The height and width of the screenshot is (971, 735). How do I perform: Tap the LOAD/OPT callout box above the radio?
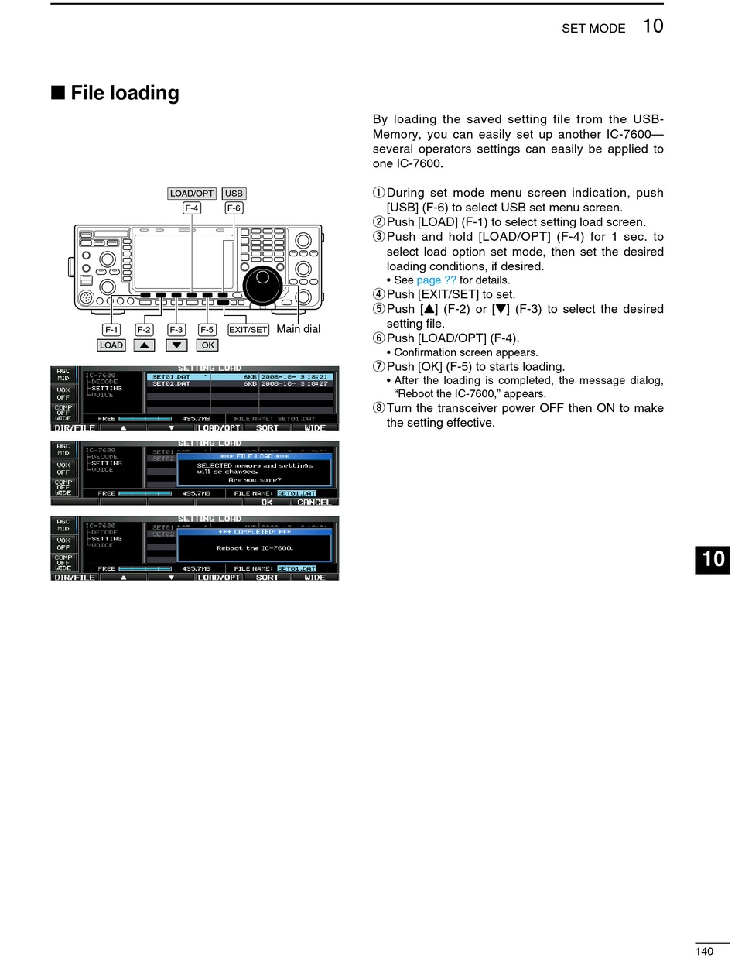[x=192, y=194]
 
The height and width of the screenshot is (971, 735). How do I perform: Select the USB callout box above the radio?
[x=234, y=194]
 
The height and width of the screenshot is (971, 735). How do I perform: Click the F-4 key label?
[x=192, y=208]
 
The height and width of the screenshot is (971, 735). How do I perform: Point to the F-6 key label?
[x=234, y=208]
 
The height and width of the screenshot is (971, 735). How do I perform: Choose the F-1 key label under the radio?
[x=111, y=330]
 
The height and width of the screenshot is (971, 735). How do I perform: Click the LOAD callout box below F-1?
[x=111, y=345]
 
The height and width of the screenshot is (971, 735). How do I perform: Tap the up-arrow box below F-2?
[x=144, y=345]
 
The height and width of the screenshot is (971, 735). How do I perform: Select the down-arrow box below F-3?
[x=176, y=345]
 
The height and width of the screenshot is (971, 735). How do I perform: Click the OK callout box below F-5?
[x=207, y=345]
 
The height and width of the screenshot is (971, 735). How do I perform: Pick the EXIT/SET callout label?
[x=248, y=330]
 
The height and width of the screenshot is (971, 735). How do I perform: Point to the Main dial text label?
[x=298, y=329]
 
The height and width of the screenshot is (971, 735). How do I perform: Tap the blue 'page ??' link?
[x=436, y=280]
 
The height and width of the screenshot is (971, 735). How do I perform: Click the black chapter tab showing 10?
[x=712, y=558]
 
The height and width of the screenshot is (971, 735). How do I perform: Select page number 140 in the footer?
[x=703, y=952]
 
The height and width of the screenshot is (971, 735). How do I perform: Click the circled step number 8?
[x=378, y=408]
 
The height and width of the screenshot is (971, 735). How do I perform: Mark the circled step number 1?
[x=378, y=193]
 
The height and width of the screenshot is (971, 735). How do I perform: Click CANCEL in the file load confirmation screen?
[x=313, y=502]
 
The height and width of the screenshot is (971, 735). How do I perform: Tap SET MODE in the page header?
[x=593, y=29]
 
